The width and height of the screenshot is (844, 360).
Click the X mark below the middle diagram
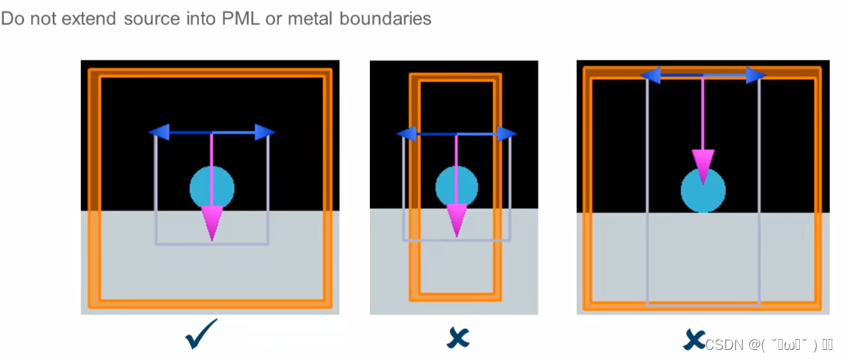(x=458, y=337)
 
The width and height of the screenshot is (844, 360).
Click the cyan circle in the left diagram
(x=211, y=187)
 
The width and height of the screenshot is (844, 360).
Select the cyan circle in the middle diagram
(x=456, y=186)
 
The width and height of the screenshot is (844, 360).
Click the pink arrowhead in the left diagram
(x=212, y=222)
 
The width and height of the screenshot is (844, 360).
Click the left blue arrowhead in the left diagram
(x=160, y=133)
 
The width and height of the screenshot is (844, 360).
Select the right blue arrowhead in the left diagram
(x=264, y=133)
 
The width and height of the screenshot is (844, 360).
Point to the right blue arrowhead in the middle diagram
(x=506, y=134)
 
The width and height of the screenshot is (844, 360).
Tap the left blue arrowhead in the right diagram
(x=650, y=75)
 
